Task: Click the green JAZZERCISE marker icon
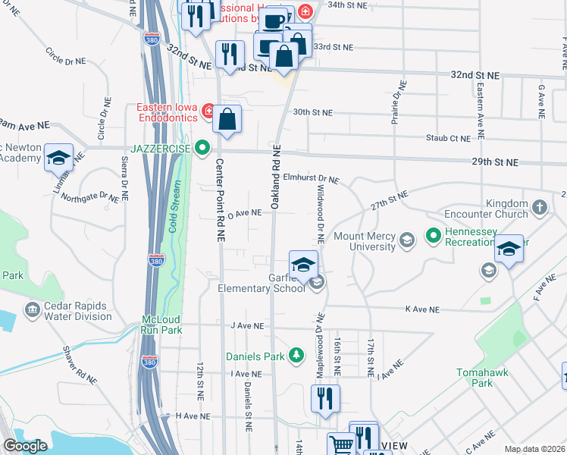202,147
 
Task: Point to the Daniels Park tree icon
296,355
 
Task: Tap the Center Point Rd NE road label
221,199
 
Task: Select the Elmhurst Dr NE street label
311,178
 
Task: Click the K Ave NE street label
422,309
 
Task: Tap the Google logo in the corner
25,447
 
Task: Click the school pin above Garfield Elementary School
303,265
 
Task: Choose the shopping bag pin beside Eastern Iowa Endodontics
227,119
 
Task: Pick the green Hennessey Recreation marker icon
434,236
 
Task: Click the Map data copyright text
534,449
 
